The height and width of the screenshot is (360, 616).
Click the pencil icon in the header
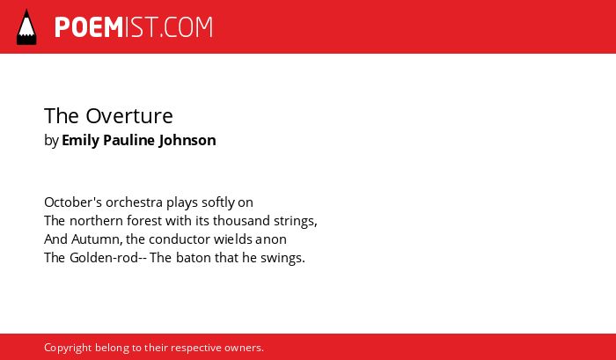pyautogui.click(x=26, y=26)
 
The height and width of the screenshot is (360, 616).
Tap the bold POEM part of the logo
pyautogui.click(x=89, y=27)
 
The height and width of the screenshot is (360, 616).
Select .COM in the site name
pyautogui.click(x=187, y=27)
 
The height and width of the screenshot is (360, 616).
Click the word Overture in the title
pyautogui.click(x=129, y=116)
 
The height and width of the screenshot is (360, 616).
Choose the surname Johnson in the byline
pyautogui.click(x=187, y=140)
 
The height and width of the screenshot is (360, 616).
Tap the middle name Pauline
pyautogui.click(x=129, y=140)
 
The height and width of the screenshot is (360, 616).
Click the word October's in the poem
pyautogui.click(x=73, y=202)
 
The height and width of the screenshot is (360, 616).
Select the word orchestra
pyautogui.click(x=134, y=202)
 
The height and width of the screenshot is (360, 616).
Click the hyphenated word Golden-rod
pyautogui.click(x=104, y=258)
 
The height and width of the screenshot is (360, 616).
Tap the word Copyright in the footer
pyautogui.click(x=68, y=349)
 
